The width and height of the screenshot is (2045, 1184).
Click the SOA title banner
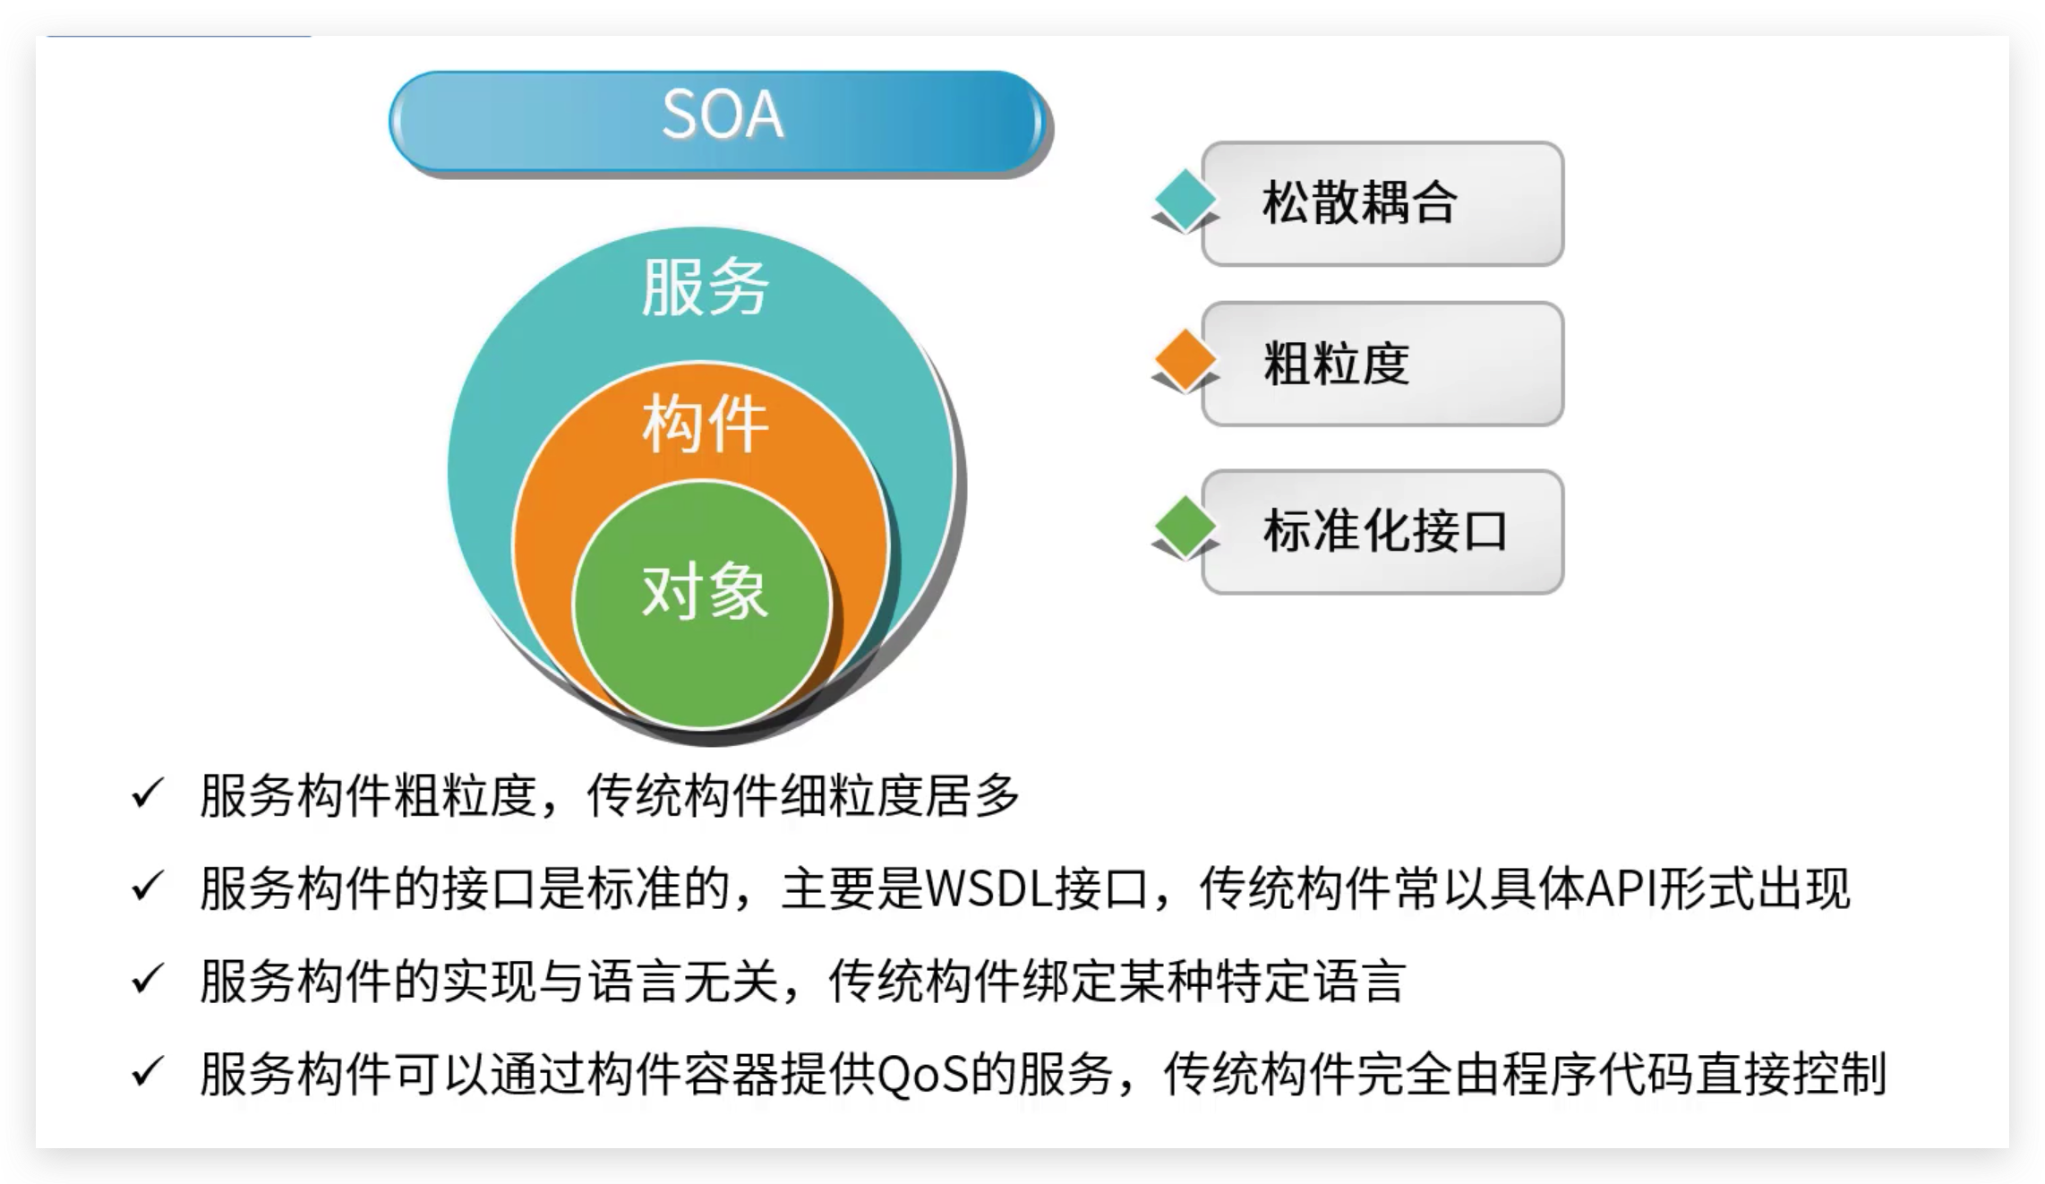click(x=719, y=121)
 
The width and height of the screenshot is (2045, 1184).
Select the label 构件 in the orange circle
click(x=705, y=425)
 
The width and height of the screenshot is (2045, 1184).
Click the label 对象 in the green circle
click(x=705, y=592)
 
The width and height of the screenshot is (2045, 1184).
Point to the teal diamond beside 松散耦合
click(x=1185, y=200)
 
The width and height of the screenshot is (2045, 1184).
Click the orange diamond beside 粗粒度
click(x=1185, y=361)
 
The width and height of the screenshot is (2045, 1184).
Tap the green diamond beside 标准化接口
click(x=1185, y=528)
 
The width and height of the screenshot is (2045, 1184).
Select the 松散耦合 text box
click(x=1382, y=203)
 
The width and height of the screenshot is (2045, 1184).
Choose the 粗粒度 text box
click(x=1382, y=364)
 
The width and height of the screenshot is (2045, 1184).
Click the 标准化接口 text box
click(x=1382, y=532)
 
